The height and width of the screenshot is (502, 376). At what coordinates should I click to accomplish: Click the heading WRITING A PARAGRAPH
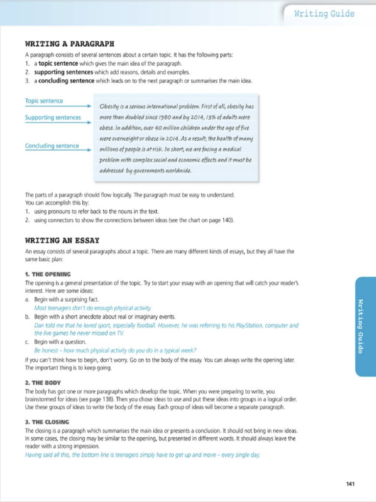click(70, 44)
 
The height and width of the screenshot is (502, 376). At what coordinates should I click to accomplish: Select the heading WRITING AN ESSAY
click(62, 240)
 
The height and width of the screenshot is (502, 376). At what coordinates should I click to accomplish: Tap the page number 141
click(350, 484)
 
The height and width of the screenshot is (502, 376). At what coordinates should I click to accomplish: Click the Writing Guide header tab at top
click(324, 14)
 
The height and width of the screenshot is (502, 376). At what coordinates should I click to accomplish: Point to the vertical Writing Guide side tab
click(361, 326)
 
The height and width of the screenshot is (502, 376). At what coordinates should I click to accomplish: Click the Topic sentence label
click(44, 101)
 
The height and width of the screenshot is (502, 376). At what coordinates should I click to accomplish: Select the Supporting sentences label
click(53, 118)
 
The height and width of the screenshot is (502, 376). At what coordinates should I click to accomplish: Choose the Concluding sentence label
click(52, 146)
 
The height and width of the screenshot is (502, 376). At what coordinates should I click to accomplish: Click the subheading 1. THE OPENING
click(47, 274)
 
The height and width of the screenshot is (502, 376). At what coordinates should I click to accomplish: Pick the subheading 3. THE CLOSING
click(47, 422)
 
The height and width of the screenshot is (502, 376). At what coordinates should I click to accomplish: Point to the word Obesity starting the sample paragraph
click(110, 106)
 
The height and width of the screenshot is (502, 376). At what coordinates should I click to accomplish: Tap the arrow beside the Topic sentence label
click(88, 106)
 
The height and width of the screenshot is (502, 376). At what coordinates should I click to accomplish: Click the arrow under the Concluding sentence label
click(88, 151)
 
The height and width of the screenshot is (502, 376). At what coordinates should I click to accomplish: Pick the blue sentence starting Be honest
click(115, 350)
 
